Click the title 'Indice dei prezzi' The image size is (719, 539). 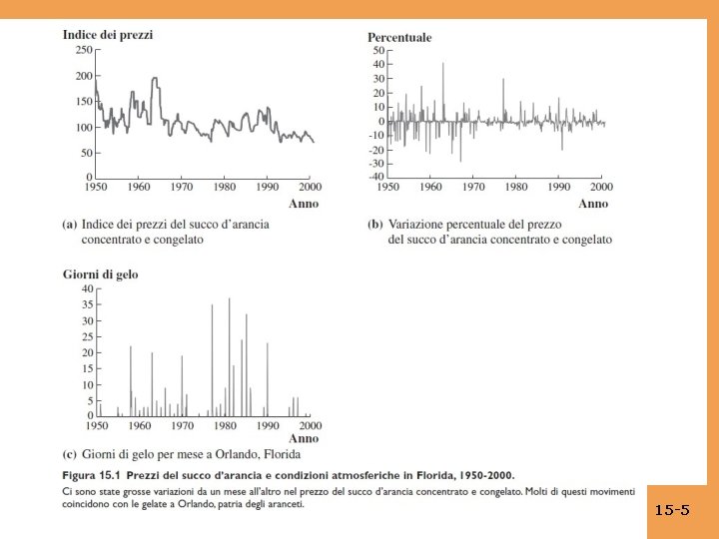[x=108, y=34]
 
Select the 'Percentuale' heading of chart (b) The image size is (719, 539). [x=399, y=37]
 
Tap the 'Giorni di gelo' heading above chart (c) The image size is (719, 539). [x=101, y=272]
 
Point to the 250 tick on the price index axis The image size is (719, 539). [x=83, y=49]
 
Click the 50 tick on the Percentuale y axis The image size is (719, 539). [x=377, y=50]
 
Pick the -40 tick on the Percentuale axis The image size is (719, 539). [x=375, y=177]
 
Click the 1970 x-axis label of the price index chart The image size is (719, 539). [x=181, y=187]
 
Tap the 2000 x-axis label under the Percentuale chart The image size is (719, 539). [x=600, y=187]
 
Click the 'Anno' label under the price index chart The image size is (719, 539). [x=304, y=203]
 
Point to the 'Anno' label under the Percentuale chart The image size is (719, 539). [x=593, y=203]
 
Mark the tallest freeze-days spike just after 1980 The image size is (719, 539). [x=229, y=297]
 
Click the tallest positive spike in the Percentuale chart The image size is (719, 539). [x=443, y=63]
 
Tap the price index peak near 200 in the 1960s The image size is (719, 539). [x=155, y=78]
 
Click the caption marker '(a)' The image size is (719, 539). [x=70, y=225]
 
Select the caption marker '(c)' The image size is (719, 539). [x=70, y=455]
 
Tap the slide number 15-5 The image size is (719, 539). [x=672, y=510]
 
